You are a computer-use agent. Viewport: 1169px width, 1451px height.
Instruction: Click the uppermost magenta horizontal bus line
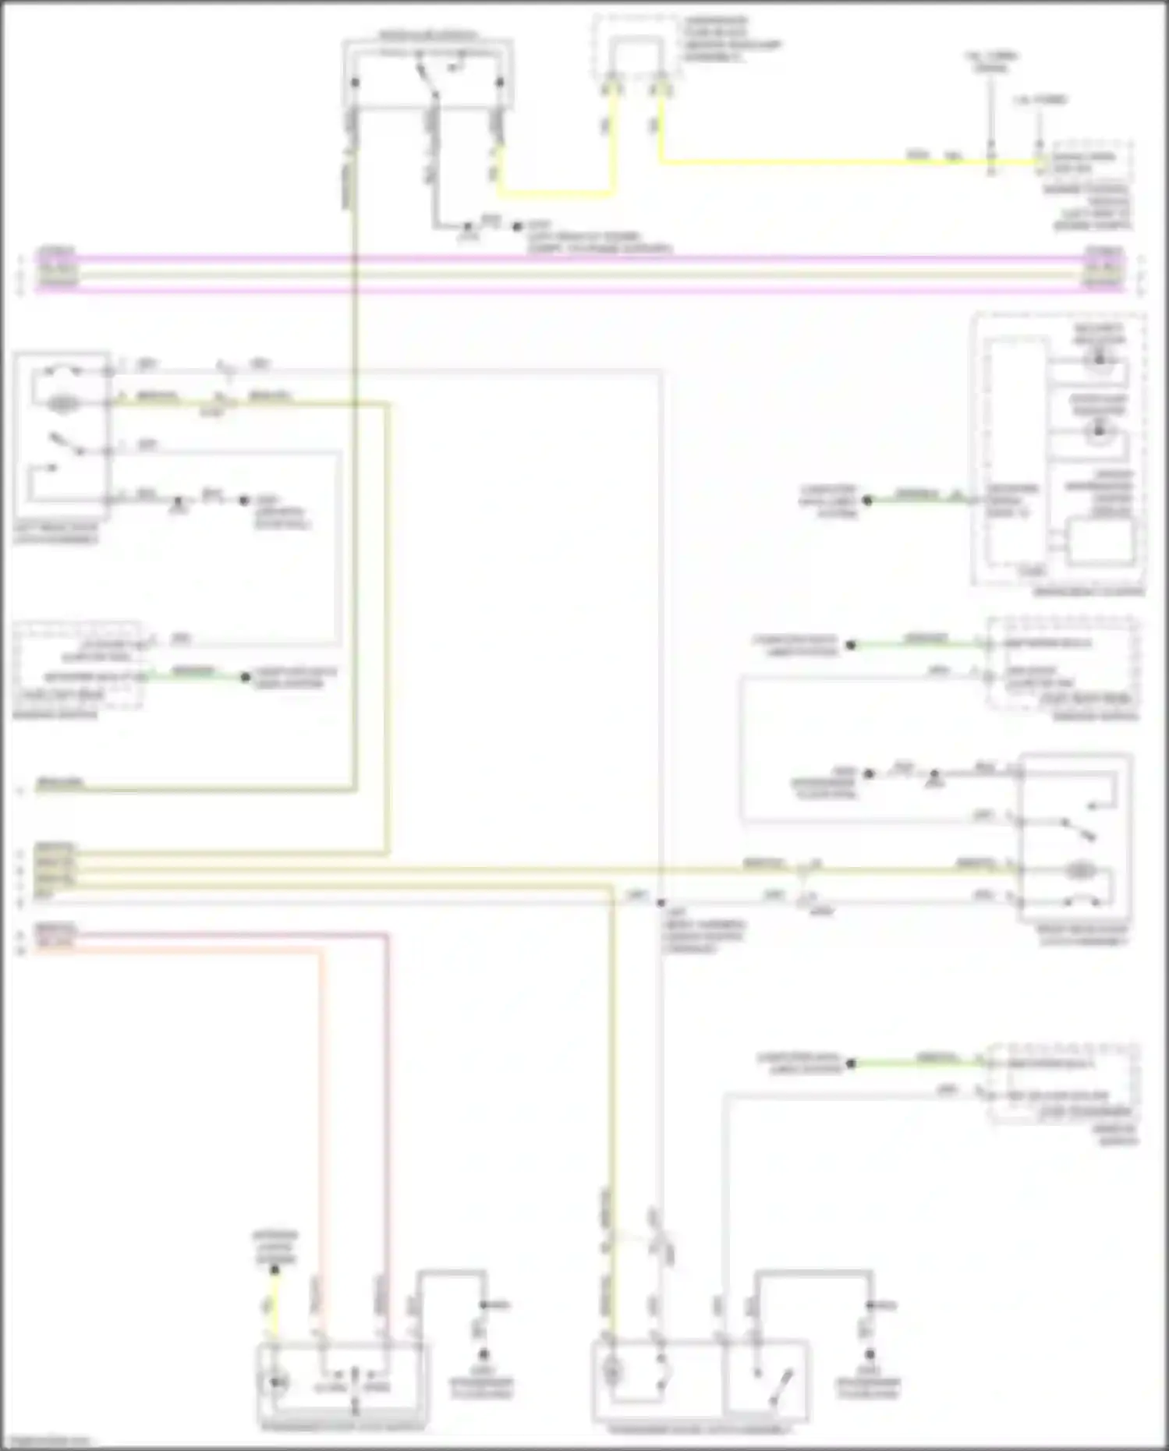(577, 258)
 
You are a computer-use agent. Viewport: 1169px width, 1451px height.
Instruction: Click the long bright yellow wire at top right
(819, 163)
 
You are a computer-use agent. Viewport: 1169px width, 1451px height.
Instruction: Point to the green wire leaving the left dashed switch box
(195, 676)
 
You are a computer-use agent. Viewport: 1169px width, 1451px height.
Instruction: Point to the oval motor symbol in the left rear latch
(62, 404)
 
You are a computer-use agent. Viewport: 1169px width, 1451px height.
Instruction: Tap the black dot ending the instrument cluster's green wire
(867, 501)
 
